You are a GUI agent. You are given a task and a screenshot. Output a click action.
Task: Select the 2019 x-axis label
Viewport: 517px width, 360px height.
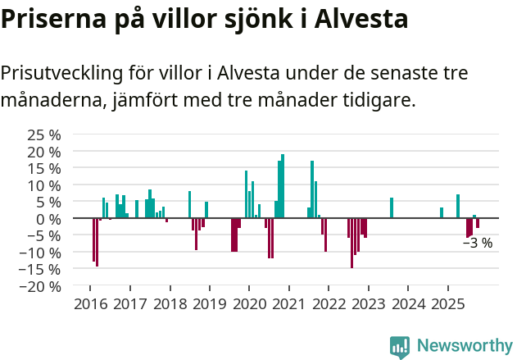click(209, 305)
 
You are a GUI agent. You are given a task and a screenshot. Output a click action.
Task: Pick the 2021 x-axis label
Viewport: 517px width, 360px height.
click(288, 305)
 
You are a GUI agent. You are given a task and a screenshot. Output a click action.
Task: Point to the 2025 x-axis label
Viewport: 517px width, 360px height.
click(448, 305)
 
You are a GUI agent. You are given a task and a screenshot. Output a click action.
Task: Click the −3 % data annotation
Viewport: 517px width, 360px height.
click(478, 243)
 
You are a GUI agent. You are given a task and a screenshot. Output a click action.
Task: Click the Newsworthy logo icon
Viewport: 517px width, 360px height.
click(400, 346)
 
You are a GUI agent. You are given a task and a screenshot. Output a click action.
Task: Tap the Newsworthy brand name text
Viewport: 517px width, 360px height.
click(465, 346)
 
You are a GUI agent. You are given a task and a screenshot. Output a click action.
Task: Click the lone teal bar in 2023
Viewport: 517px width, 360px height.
click(392, 208)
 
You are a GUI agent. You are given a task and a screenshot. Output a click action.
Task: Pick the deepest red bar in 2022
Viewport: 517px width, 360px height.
click(351, 243)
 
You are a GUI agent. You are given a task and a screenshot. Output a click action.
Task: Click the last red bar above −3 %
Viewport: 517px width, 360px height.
click(478, 223)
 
